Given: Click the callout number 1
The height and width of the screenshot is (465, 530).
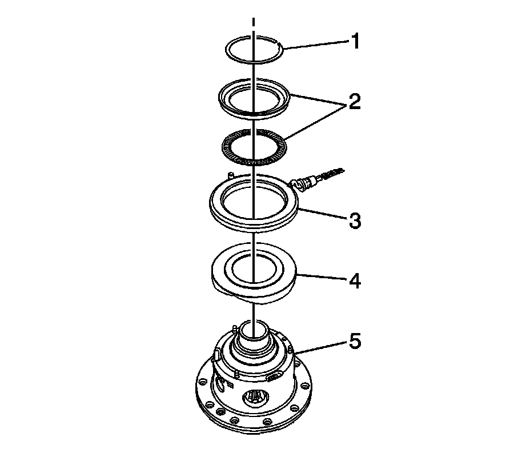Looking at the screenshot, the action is click(355, 41).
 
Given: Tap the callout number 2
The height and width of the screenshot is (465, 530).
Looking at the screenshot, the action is click(355, 102).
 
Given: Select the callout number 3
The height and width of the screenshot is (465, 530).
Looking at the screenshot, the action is click(355, 221).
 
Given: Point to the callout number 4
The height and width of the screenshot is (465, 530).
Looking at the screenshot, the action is click(355, 281).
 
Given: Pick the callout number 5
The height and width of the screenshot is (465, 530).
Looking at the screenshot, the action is click(355, 341).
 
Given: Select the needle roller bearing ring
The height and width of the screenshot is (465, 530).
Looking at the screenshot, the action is click(254, 163).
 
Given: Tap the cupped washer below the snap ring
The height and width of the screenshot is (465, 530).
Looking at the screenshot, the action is click(254, 114).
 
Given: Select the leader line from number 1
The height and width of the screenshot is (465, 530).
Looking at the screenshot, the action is click(316, 45).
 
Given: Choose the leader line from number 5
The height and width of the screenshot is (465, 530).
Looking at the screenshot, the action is click(322, 348).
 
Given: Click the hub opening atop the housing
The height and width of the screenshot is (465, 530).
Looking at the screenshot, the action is click(254, 330).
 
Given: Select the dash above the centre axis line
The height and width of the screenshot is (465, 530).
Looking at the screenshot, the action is click(253, 22).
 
